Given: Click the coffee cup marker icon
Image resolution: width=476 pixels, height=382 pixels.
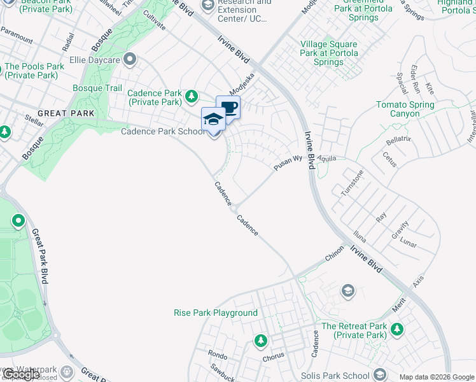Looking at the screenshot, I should tap(228, 106).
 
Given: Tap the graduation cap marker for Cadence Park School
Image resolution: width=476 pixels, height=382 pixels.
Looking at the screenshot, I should tap(213, 119).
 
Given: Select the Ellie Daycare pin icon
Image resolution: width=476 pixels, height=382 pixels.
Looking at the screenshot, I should tap(130, 60).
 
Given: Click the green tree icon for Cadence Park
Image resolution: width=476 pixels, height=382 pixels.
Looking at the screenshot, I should tap(192, 97).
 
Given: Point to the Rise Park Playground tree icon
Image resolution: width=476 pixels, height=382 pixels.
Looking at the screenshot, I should tap(260, 341).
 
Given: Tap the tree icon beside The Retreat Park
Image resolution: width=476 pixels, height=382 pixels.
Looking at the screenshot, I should tap(397, 330).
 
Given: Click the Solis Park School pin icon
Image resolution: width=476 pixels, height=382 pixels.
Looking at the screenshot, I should tap(380, 374).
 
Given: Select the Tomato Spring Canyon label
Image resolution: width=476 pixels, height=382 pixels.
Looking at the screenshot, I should tap(405, 109).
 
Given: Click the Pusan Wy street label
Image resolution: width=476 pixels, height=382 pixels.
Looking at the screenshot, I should tap(287, 162).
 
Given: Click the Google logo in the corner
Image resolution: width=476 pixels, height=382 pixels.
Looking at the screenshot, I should tap(21, 374).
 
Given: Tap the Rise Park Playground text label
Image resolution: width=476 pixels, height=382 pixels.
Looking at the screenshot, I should tap(216, 313).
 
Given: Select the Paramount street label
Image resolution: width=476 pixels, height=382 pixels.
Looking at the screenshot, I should tap(17, 37).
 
